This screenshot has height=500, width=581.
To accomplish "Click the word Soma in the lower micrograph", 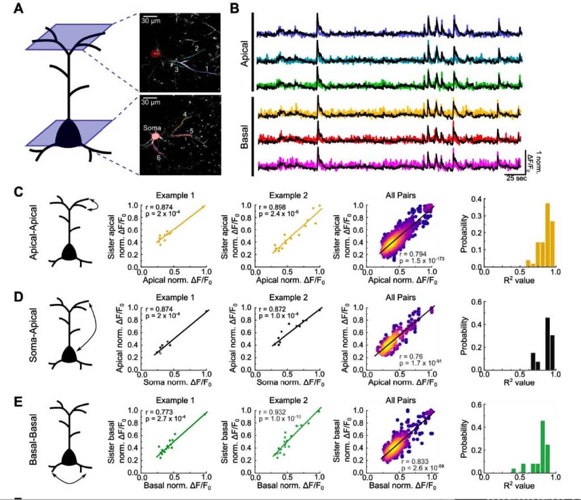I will click(x=153, y=128).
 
